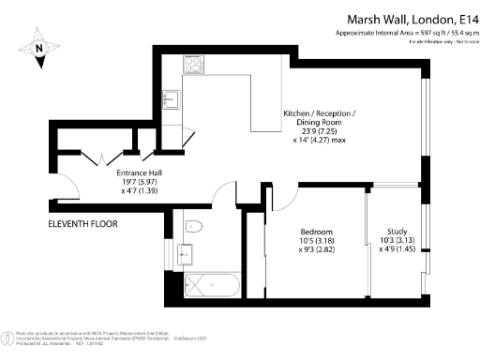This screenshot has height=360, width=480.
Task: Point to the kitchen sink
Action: (172, 98)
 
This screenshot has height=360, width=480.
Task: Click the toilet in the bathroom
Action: (194, 225)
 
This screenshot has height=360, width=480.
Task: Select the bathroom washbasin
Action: (185, 253)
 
